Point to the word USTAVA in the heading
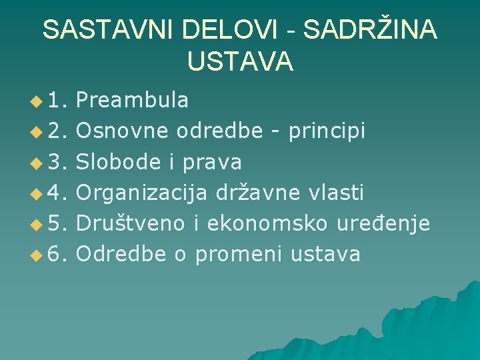coord(240,61)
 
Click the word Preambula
coord(133,101)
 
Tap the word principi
coord(327,132)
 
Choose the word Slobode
coord(118,162)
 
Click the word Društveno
coord(132,223)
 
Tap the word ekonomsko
coord(267,223)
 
